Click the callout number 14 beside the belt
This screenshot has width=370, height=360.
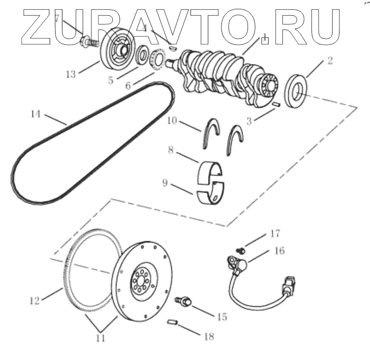(34, 114)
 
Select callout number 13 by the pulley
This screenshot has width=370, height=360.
(71, 74)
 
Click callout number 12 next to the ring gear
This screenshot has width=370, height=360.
(34, 300)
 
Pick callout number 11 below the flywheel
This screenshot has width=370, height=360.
(101, 338)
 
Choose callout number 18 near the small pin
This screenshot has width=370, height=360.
(209, 336)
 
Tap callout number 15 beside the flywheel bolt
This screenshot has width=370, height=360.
(221, 317)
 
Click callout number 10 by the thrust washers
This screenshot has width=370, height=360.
(172, 121)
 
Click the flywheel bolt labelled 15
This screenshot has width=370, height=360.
(184, 301)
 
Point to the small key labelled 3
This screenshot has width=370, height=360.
(276, 103)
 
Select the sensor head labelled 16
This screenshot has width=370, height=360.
(240, 266)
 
